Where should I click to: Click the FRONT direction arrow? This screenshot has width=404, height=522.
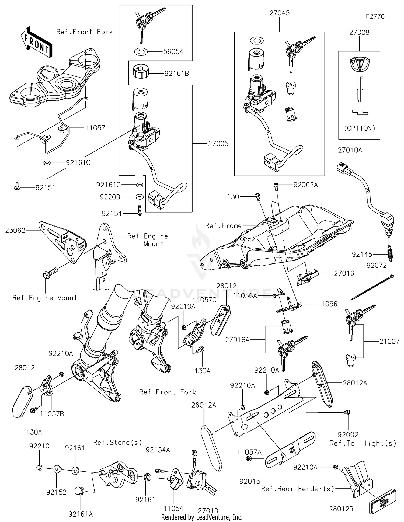click(x=36, y=42)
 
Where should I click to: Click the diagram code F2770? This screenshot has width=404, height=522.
click(x=375, y=16)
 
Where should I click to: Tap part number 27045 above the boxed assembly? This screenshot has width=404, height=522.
click(x=279, y=13)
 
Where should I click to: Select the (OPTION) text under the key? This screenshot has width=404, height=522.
click(x=360, y=128)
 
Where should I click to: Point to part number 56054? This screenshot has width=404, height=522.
click(x=173, y=51)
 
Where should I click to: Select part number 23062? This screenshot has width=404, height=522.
click(x=15, y=230)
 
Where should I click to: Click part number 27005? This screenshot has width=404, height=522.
click(x=218, y=144)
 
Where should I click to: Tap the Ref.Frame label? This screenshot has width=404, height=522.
click(x=223, y=226)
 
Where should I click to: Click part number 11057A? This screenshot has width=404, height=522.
click(x=249, y=452)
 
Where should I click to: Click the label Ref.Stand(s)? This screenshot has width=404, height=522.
click(x=117, y=443)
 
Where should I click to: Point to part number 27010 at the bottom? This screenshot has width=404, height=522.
click(x=208, y=510)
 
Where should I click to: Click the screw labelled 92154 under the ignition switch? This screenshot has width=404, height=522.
click(x=140, y=210)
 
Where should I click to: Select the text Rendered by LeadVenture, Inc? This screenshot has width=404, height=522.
click(x=202, y=517)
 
